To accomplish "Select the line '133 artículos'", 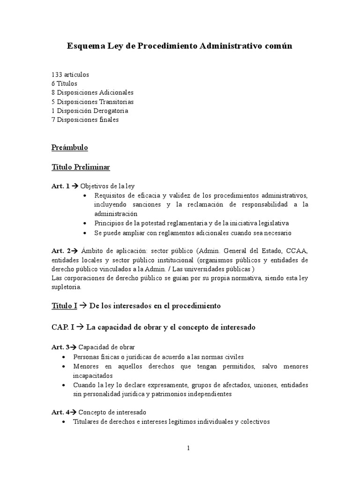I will point(70,75).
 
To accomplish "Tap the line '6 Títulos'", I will point(65,83).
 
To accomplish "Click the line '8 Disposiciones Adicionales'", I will point(92,92).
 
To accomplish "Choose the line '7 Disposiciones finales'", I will point(85,120).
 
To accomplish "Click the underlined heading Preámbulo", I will point(70,148).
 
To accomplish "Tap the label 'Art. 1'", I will point(60,186).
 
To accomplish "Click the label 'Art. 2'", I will point(60,250).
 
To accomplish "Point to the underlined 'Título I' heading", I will point(64,306).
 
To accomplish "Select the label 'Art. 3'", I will point(60,347).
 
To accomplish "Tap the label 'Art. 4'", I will point(60,412).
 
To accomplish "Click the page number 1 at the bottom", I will point(188,448).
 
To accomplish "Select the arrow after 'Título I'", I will point(83,306).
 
